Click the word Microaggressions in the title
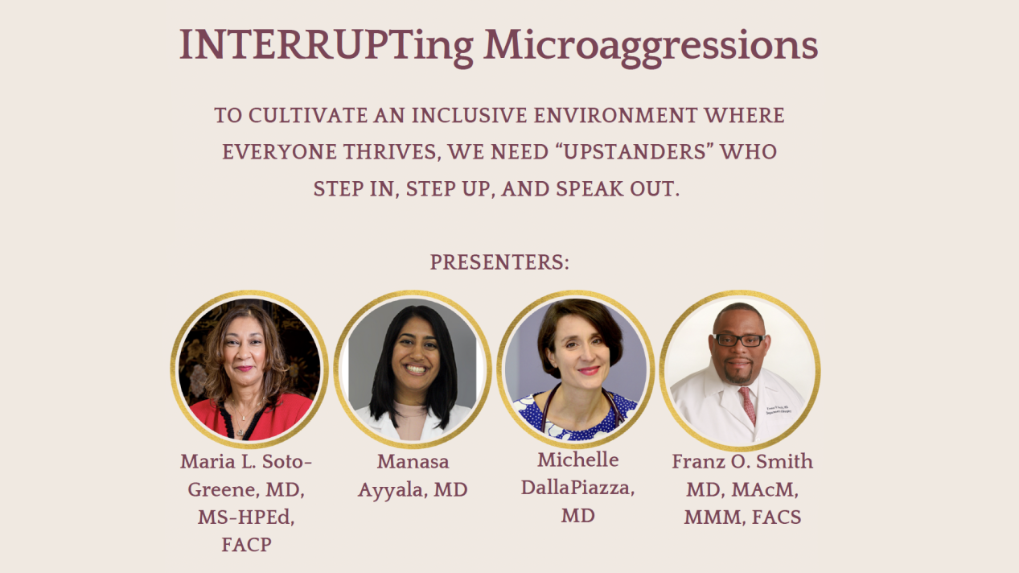(650, 46)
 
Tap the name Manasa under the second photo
(413, 462)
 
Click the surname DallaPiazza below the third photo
(577, 488)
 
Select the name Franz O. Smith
(742, 462)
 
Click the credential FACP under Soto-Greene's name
(246, 545)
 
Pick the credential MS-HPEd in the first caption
(246, 517)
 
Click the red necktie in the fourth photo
(747, 405)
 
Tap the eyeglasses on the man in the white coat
(738, 340)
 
